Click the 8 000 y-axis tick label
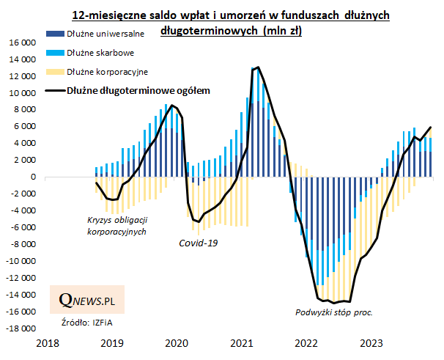24,110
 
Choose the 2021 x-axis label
242,343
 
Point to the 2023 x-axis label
371,343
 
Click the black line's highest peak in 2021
258,67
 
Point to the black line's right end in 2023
431,127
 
